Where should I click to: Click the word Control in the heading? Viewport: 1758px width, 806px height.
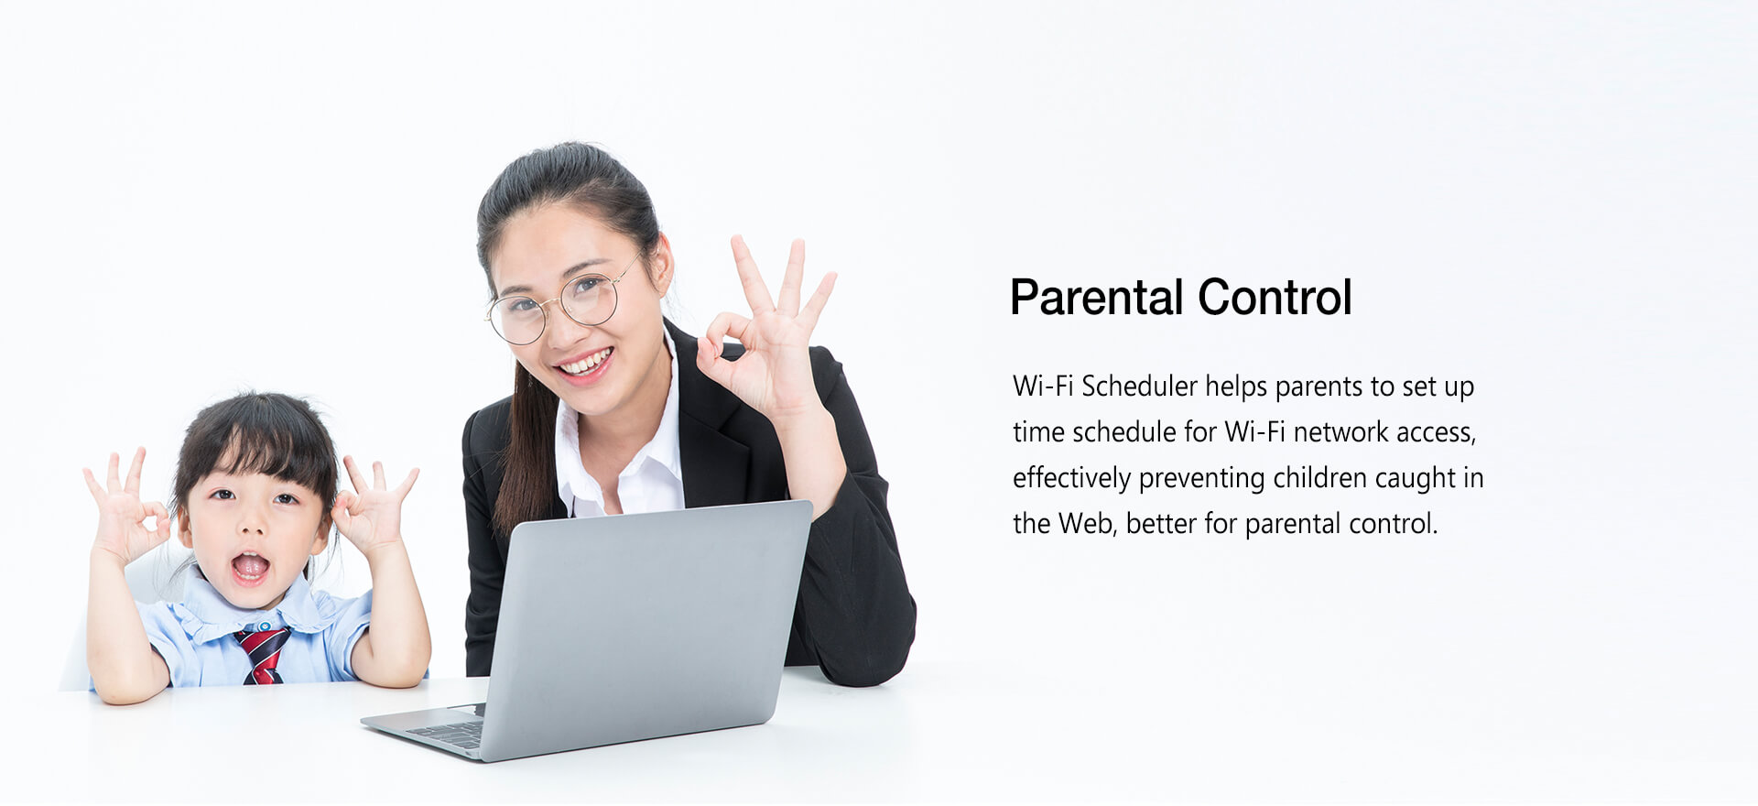coord(1275,298)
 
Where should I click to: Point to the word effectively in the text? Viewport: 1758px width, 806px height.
coord(1071,478)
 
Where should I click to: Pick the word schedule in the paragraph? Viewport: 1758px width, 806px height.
coord(1124,432)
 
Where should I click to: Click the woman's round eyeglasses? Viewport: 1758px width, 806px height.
coord(560,305)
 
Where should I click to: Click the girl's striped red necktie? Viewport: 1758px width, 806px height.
coord(263,655)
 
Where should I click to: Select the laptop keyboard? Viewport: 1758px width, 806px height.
coord(447,733)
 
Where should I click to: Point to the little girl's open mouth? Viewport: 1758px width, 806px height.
coord(249,568)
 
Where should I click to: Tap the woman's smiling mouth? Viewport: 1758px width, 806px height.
coord(584,364)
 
